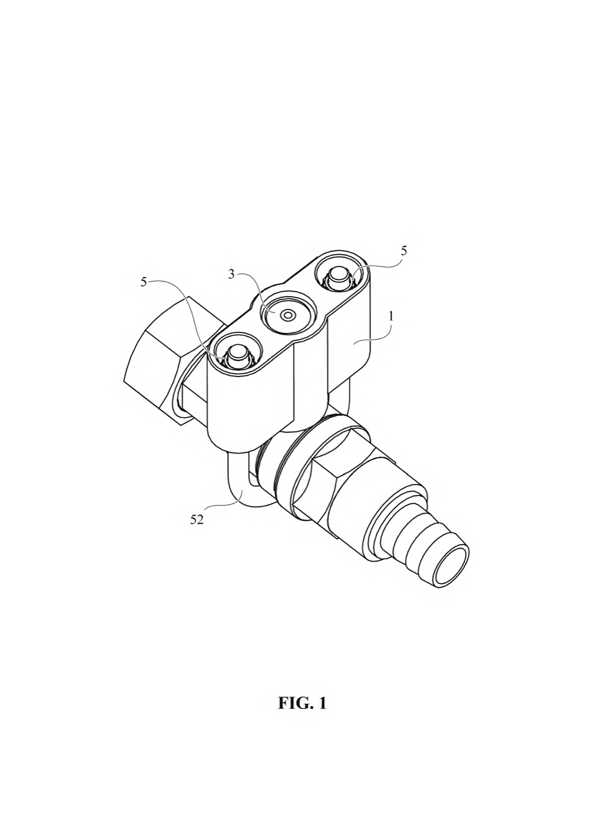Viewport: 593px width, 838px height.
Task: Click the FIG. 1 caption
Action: (302, 703)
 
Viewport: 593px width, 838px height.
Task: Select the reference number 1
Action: (391, 316)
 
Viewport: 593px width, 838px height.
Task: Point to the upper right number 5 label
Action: (403, 251)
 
